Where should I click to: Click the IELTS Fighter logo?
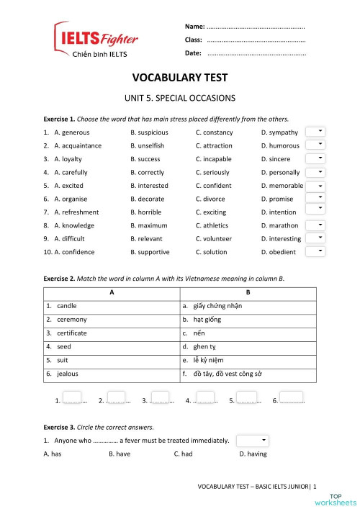tap(96, 40)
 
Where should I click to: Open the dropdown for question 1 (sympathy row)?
tap(315, 132)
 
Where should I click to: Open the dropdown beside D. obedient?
tap(315, 251)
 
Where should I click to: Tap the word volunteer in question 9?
tap(217, 239)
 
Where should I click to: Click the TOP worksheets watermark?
tap(341, 498)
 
